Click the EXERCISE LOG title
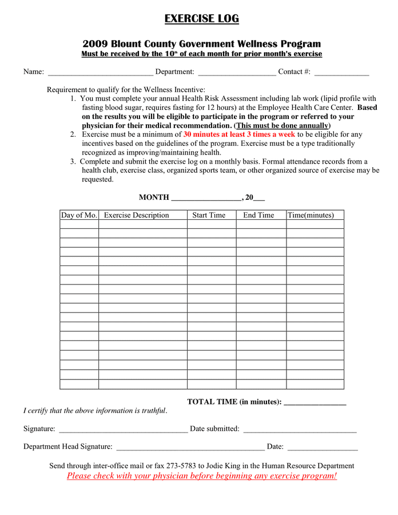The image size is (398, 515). [x=201, y=19]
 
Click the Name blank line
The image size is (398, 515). [x=101, y=73]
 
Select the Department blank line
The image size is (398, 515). [x=237, y=73]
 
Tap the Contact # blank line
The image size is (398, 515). [x=341, y=73]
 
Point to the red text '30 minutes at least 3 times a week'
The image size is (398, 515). [x=239, y=134]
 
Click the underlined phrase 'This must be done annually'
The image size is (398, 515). [x=282, y=125]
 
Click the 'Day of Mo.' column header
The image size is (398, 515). [x=79, y=215]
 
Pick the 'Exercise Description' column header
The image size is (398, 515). [x=137, y=215]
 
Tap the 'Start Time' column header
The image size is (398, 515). [x=209, y=215]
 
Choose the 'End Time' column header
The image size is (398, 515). [x=258, y=215]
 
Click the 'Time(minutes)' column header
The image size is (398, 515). [x=311, y=215]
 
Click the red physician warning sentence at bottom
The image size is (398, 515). [x=202, y=476]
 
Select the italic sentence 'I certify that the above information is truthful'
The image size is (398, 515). [x=95, y=411]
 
